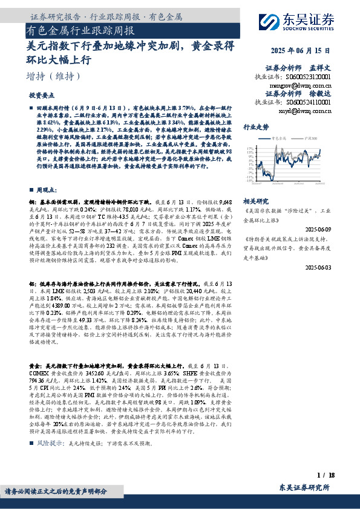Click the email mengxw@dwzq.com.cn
306,86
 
